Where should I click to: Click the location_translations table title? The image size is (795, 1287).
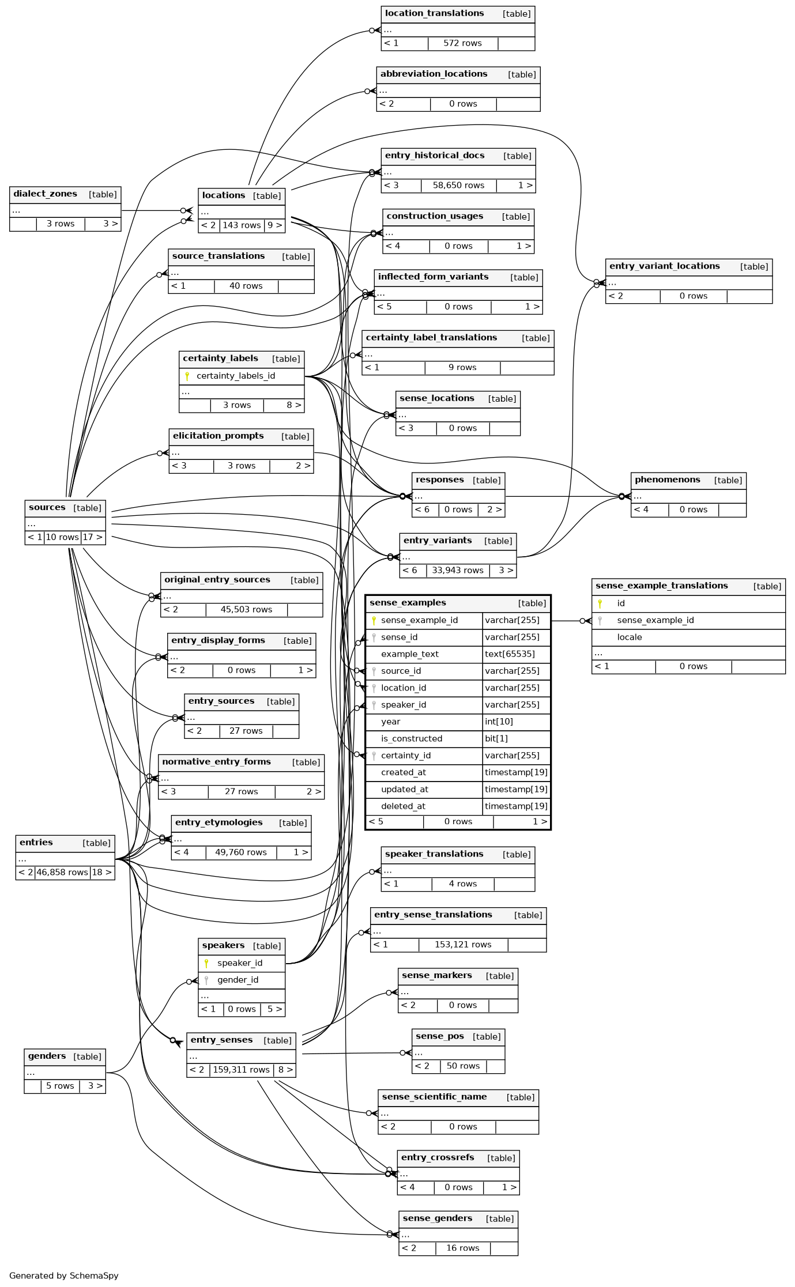[x=434, y=14]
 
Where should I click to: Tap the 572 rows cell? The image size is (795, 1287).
[x=462, y=43]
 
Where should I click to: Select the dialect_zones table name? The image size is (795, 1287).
[x=45, y=194]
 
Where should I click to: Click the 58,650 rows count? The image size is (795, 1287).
[x=458, y=186]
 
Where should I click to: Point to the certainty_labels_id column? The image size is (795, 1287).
[x=236, y=376]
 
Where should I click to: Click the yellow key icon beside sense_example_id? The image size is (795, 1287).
[x=374, y=620]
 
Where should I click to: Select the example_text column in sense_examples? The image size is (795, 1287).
[x=409, y=654]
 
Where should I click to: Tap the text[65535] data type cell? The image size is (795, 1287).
[x=510, y=654]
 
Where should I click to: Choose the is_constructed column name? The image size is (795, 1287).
[x=412, y=739]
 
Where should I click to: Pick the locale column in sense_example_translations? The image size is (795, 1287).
[x=629, y=637]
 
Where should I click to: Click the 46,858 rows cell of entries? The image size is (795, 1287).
[x=62, y=873]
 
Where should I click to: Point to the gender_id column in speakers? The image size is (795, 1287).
[x=238, y=980]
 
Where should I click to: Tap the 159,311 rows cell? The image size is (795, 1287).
[x=241, y=1070]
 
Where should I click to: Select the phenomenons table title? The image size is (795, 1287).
[x=667, y=480]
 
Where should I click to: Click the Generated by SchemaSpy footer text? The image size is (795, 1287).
[x=63, y=1275]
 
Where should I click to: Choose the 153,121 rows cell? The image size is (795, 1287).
[x=463, y=945]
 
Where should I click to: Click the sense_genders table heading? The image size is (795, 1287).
[x=437, y=1218]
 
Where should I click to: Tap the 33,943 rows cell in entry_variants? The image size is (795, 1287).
[x=458, y=571]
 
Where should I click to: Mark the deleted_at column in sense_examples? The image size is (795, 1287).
[x=403, y=806]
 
